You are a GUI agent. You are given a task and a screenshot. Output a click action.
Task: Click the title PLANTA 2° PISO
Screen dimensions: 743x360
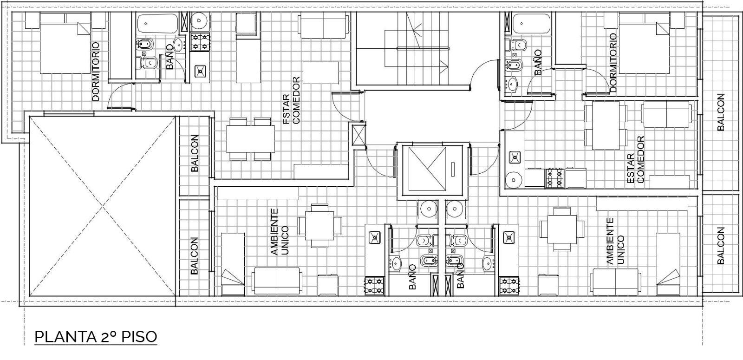tap(96, 337)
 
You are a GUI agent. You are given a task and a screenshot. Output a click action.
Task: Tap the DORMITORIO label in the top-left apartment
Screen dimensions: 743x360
tap(96, 71)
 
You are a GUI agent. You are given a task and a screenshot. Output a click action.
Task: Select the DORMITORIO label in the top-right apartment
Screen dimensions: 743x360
tap(613, 62)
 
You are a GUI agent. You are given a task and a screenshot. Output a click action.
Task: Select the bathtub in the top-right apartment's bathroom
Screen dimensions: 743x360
tap(531, 24)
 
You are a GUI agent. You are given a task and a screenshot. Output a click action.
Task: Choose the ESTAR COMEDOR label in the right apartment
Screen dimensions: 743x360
tap(636, 160)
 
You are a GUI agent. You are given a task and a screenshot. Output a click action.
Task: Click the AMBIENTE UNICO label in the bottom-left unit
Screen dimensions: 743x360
tap(279, 232)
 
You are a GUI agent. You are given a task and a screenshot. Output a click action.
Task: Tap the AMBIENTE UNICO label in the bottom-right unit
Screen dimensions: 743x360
tap(615, 241)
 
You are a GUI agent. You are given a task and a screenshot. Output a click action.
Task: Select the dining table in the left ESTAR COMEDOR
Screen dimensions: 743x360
tap(250, 139)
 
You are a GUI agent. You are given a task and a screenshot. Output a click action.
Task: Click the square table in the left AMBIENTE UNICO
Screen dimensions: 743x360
tap(320, 226)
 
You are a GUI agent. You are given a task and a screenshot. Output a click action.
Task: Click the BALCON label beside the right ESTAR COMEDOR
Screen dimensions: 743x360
tap(720, 112)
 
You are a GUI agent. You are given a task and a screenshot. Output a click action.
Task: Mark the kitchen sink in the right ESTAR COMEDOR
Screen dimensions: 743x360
tap(515, 157)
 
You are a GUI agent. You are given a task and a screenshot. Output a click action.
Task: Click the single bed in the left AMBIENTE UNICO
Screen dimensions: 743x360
tap(233, 264)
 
